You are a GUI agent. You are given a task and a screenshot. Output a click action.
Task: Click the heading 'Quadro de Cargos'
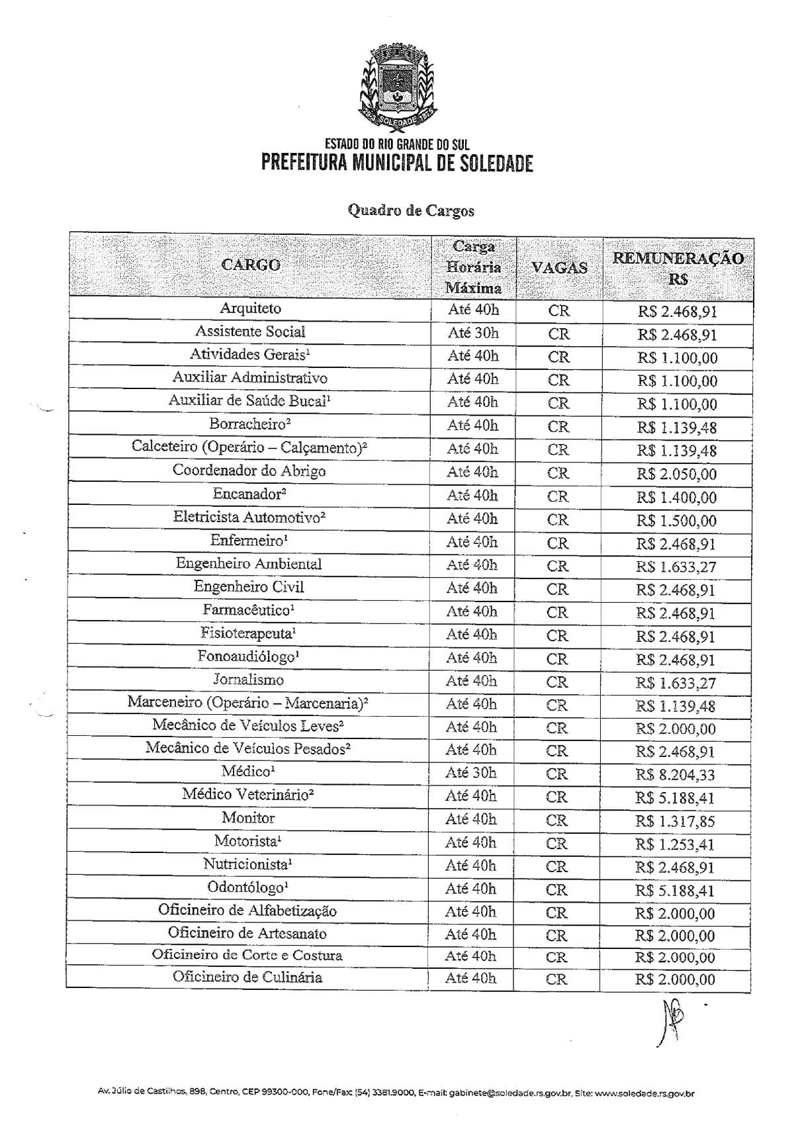(411, 210)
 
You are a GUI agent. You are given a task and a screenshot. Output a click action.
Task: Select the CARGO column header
(251, 265)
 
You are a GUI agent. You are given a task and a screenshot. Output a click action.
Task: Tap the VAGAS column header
(560, 268)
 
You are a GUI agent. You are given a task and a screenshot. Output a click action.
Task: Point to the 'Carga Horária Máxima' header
(473, 267)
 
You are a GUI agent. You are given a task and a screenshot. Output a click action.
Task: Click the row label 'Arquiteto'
(251, 308)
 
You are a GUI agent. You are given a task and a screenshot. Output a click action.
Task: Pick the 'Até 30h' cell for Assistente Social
(473, 333)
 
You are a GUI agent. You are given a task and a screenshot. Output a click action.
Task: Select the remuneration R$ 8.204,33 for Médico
(676, 775)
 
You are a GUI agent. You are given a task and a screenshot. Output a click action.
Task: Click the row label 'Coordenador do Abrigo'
(249, 471)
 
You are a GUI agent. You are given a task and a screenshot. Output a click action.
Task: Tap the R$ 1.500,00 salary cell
(676, 521)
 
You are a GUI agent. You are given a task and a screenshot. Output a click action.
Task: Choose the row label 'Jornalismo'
(248, 680)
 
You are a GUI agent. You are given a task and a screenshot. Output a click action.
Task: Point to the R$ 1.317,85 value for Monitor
(676, 821)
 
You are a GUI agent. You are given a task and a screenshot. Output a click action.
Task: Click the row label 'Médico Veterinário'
(247, 794)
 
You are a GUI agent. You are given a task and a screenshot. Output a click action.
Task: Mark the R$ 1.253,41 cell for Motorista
(676, 844)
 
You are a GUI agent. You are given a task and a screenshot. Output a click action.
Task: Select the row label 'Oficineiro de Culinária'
(247, 977)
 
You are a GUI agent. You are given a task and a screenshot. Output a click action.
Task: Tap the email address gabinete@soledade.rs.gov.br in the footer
(509, 1094)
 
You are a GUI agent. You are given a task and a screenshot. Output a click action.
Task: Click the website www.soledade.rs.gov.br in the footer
(644, 1094)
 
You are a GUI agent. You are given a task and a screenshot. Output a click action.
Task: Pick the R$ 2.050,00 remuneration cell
(676, 474)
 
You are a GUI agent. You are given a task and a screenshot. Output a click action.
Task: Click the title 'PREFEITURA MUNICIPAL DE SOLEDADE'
(397, 162)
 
